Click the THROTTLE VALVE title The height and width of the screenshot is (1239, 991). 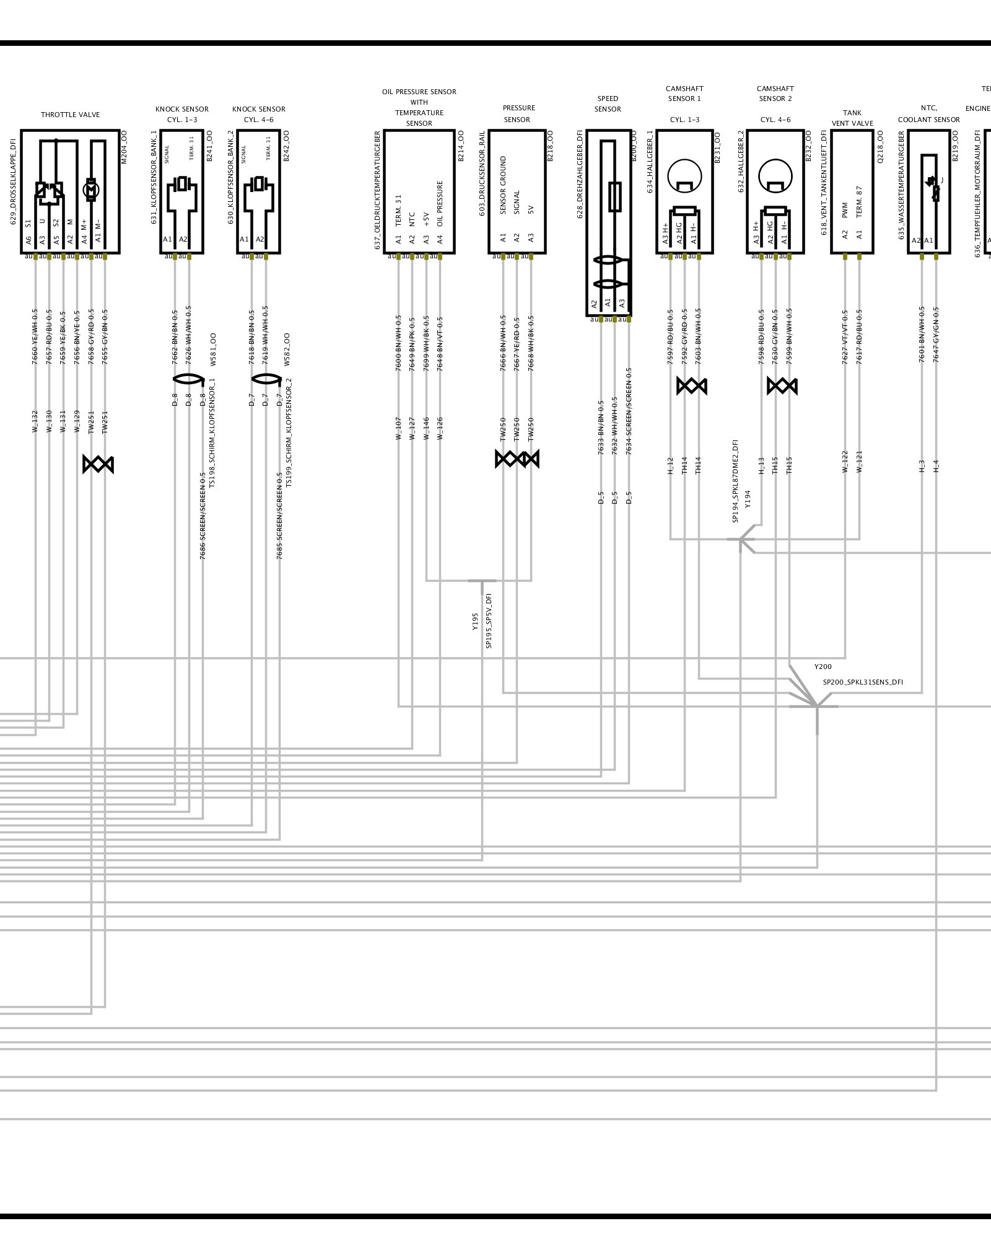coord(70,115)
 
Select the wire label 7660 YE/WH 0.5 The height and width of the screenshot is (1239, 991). coord(35,336)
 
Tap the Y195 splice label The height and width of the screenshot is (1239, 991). coord(475,621)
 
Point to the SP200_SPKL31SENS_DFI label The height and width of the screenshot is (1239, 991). coord(862,682)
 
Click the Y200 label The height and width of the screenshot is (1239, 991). coord(823,667)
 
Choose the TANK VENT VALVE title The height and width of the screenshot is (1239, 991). coord(852,118)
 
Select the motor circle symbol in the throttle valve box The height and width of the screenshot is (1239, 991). coord(91,190)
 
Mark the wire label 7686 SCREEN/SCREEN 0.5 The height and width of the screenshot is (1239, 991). coord(203,515)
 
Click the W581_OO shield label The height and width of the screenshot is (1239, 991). coord(212,349)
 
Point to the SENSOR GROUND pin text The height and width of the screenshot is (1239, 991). coord(503,185)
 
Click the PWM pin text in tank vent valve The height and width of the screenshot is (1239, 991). coord(845,210)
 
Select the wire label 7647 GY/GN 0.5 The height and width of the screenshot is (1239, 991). coord(936,335)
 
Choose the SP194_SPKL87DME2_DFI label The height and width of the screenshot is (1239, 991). coord(735,481)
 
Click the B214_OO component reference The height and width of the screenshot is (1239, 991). coord(460,147)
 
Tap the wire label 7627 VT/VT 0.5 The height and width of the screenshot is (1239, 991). coord(845,337)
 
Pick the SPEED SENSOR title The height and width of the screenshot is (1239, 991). coord(608,103)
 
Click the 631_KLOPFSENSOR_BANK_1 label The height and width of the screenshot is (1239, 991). coord(154,177)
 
